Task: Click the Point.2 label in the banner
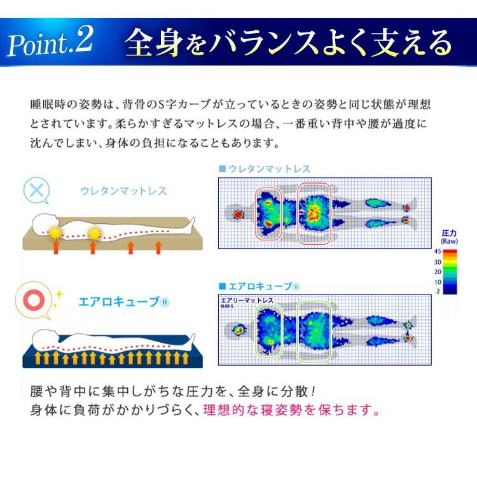50,43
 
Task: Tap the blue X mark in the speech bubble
36,190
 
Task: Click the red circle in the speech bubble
34,300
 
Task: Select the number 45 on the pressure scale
438,252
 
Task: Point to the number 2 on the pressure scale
438,291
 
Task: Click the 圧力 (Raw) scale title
449,237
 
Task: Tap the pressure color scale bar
450,272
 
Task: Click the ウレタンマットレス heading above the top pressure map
265,169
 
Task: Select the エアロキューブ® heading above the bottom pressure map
259,286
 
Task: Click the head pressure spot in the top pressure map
238,215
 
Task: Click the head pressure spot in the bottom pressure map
238,330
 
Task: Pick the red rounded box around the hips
314,214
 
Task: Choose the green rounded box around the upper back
269,331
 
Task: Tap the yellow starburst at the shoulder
55,233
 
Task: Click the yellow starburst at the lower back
93,234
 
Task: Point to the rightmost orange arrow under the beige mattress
158,247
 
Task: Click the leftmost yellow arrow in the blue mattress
38,358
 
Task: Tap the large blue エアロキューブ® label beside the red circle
124,301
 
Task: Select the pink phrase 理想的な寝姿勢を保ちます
291,410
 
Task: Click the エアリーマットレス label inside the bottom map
247,300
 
